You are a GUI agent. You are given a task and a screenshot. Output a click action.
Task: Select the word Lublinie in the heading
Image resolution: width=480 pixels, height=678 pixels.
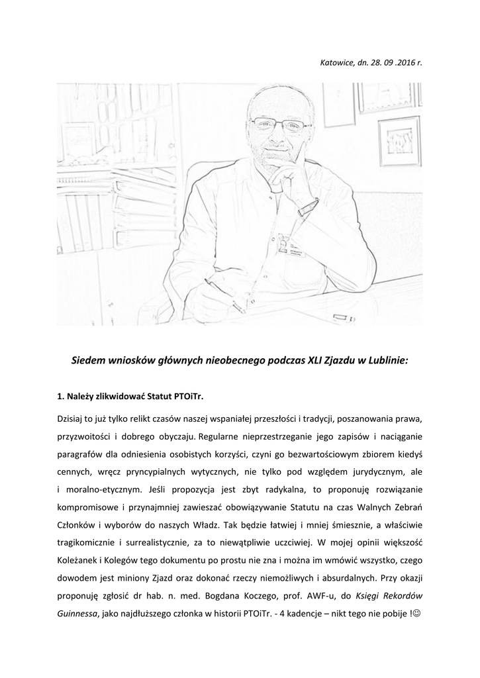387,362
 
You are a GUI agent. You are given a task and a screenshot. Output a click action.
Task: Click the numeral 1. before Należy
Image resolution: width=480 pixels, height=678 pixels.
62,397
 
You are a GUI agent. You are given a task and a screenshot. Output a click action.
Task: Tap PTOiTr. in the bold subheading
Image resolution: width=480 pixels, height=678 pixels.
189,397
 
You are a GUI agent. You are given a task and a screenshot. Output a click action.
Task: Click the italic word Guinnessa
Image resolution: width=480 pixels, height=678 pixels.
77,614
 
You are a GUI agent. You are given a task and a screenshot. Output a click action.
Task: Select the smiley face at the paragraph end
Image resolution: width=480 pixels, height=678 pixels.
416,614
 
